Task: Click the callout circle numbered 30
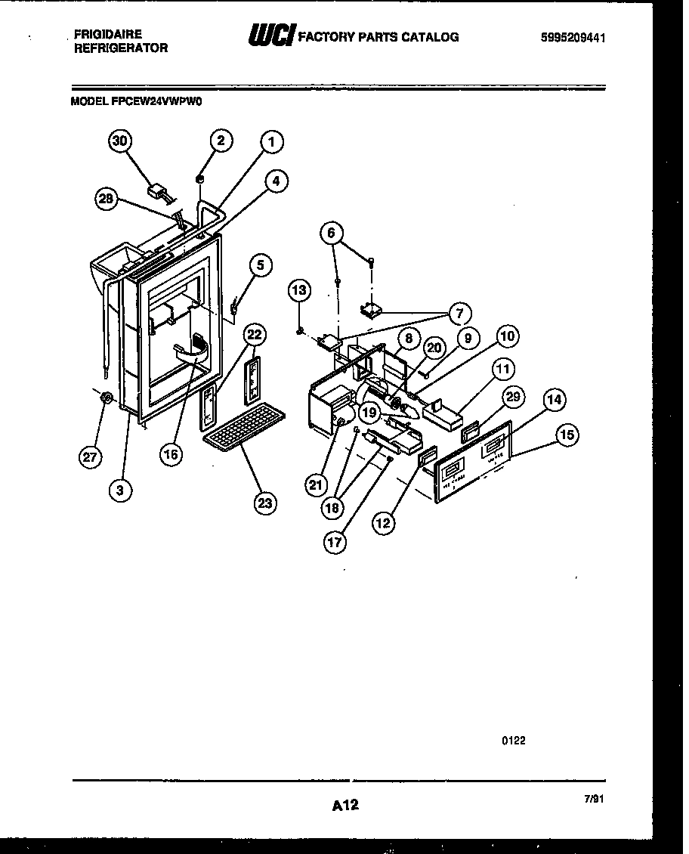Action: [119, 141]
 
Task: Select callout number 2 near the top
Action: [221, 140]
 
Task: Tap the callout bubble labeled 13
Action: [300, 290]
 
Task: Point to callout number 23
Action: [264, 503]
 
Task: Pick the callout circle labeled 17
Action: [335, 542]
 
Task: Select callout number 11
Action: [502, 370]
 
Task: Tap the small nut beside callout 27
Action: [107, 397]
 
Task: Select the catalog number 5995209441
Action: [572, 38]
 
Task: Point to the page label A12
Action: [344, 806]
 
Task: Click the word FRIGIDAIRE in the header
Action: [108, 34]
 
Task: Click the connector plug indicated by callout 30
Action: [160, 191]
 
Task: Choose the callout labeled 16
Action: [173, 455]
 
